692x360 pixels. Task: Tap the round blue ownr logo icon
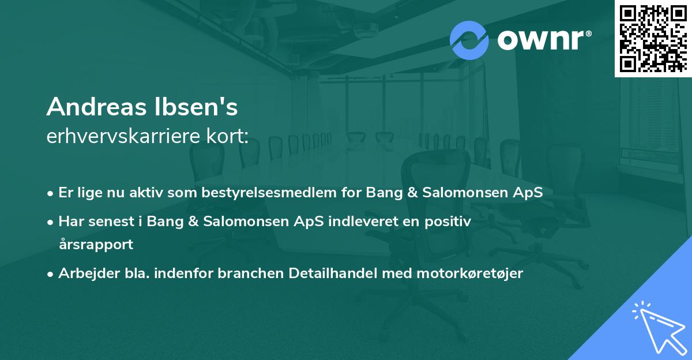(x=469, y=40)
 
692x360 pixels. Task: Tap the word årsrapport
(x=96, y=244)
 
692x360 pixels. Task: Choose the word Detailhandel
(x=337, y=273)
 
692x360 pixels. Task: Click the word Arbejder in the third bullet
(x=83, y=273)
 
